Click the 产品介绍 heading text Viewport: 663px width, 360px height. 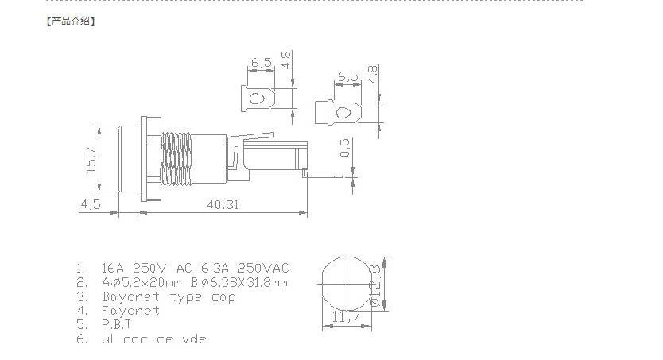point(71,21)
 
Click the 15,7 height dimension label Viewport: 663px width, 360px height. point(91,161)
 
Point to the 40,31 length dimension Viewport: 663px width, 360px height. point(223,204)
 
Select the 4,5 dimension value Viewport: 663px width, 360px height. point(91,204)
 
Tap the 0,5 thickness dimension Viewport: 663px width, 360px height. point(345,149)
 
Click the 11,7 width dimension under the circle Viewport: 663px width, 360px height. point(347,317)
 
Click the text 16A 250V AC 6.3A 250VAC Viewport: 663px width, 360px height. point(195,267)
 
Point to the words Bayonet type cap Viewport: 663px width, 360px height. point(169,296)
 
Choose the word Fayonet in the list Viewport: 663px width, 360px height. point(131,311)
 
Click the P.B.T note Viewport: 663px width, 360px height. point(116,325)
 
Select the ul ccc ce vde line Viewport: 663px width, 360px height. point(153,339)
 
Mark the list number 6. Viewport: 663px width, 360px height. point(80,339)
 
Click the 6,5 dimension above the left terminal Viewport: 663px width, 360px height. point(261,61)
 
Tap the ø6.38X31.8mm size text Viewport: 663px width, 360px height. point(238,282)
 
